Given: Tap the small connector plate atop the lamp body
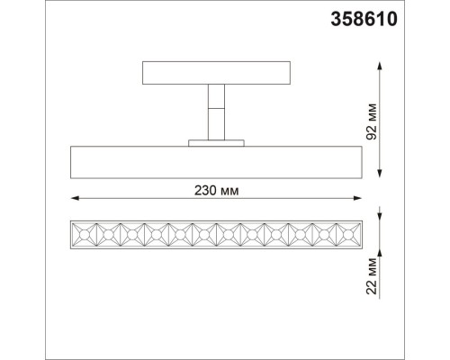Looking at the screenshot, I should [x=216, y=142].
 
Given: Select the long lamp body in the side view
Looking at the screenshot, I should [x=216, y=161].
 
